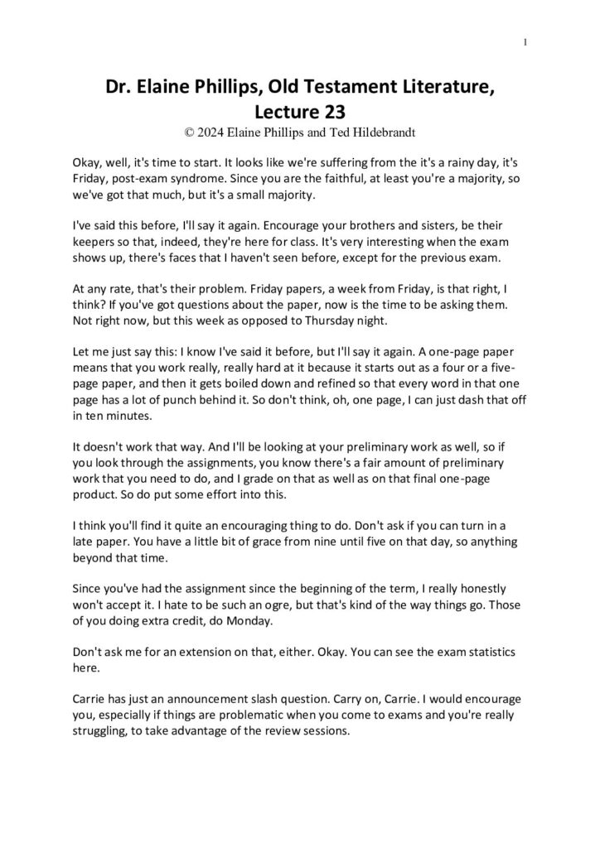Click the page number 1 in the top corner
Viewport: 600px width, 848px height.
coord(527,43)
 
